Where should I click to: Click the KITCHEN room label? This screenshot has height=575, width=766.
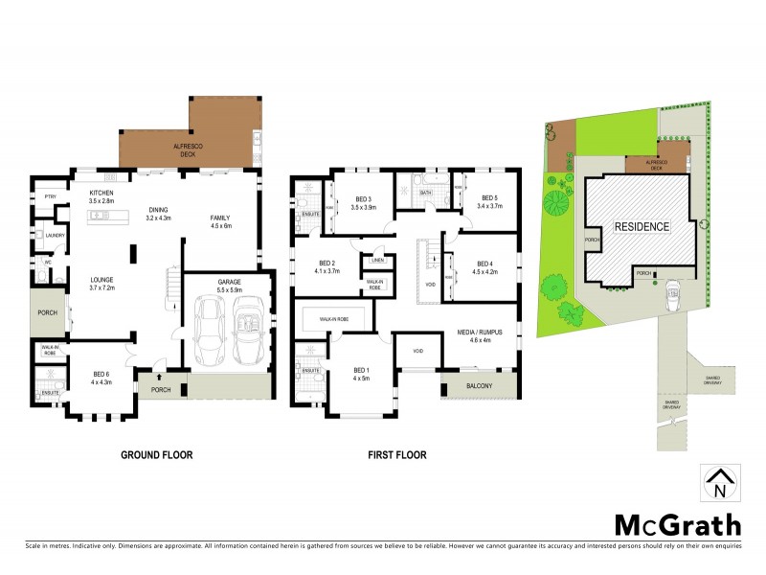101,195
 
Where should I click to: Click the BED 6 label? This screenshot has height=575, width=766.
101,378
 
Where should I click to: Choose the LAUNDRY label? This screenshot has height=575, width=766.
54,235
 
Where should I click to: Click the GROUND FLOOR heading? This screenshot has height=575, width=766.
156,455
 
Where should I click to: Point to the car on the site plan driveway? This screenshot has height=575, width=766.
672,291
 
